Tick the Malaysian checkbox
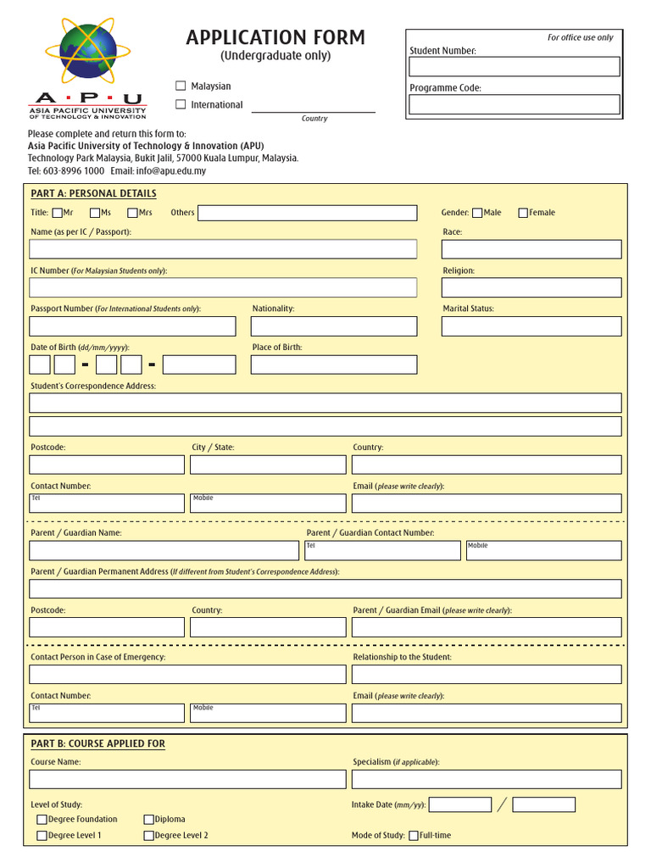click(181, 86)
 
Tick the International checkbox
click(181, 104)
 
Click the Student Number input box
click(515, 67)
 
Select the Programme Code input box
click(515, 104)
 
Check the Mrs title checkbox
click(133, 213)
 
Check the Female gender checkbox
click(523, 213)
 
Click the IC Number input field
click(223, 287)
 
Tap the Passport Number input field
click(132, 326)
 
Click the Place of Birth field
click(334, 364)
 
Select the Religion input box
click(531, 287)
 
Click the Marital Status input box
click(531, 326)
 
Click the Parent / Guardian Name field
click(164, 550)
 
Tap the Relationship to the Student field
click(487, 674)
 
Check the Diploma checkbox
click(149, 820)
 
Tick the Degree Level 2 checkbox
click(149, 836)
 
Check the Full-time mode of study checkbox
click(414, 836)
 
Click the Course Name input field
click(187, 779)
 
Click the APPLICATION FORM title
click(275, 37)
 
